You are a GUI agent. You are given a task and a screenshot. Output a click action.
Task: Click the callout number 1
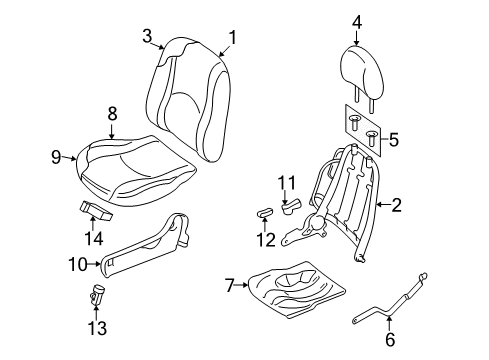[x=232, y=37]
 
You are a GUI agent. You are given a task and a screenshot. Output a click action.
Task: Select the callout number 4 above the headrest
[x=357, y=23]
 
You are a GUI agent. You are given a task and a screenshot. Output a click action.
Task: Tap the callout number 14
[x=94, y=239]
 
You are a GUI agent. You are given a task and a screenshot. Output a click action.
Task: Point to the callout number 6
[x=390, y=339]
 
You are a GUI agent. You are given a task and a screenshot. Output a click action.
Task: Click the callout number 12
[x=266, y=240]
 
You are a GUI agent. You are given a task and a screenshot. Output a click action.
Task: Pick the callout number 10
[x=78, y=264]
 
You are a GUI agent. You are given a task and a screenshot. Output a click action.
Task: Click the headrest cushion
[x=363, y=72]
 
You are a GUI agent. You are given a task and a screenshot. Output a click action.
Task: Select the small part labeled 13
[x=97, y=294]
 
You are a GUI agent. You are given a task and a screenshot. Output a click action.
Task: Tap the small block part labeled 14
[x=95, y=210]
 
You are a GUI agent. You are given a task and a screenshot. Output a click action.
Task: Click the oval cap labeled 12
[x=265, y=212]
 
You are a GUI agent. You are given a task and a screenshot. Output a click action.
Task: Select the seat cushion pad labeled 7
[x=297, y=289]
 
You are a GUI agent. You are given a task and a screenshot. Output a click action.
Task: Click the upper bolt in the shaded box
[x=353, y=123]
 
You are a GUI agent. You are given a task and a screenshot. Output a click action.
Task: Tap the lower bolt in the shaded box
[x=372, y=139]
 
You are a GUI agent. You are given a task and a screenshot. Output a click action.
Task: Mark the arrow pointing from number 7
[x=241, y=285]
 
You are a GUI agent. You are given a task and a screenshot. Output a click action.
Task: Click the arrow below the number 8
[x=112, y=131]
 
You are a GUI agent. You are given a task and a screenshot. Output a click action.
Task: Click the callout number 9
[x=57, y=157]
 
